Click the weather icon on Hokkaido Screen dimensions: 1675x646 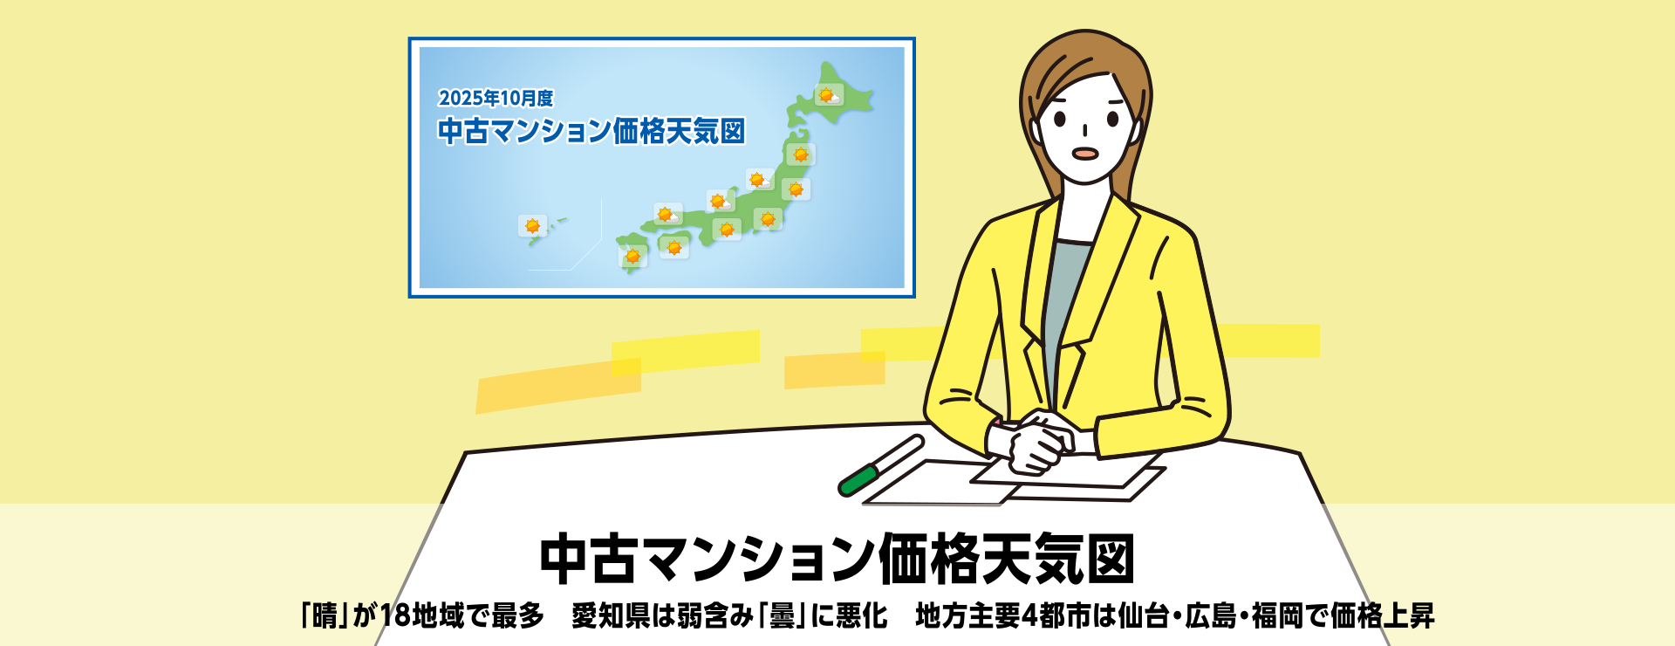[x=829, y=94]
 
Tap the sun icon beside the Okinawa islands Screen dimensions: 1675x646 [x=532, y=226]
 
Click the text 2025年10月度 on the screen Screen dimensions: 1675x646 [x=496, y=98]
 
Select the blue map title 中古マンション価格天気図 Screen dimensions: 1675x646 [x=591, y=131]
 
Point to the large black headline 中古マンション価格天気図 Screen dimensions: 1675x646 [x=837, y=559]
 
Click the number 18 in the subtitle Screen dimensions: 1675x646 [x=395, y=615]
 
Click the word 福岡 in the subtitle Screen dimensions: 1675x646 [x=1278, y=615]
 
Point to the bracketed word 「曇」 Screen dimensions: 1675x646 [x=782, y=615]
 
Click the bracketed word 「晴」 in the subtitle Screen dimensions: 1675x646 [x=325, y=615]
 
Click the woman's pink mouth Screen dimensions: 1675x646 [x=1084, y=153]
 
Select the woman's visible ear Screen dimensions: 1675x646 [x=1137, y=131]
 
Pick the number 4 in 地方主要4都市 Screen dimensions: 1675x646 [x=1029, y=616]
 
